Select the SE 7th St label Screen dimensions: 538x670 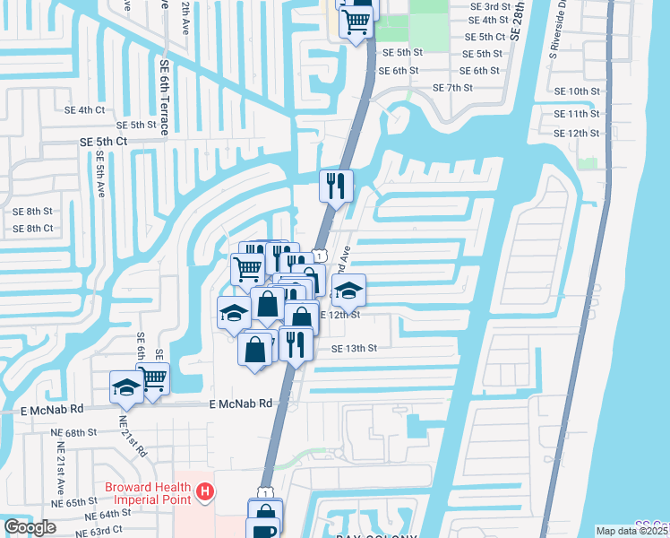452,88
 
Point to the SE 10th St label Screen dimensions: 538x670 577,91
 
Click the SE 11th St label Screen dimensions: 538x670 577,114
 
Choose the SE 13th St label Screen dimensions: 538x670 355,348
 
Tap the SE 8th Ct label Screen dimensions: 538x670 33,229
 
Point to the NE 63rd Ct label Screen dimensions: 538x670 99,531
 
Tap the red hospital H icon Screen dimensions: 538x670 204,491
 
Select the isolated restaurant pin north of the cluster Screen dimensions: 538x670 337,186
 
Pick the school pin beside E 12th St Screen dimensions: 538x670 348,290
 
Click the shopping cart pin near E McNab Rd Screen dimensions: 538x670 154,378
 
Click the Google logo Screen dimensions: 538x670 30,527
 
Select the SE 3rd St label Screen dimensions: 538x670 489,5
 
